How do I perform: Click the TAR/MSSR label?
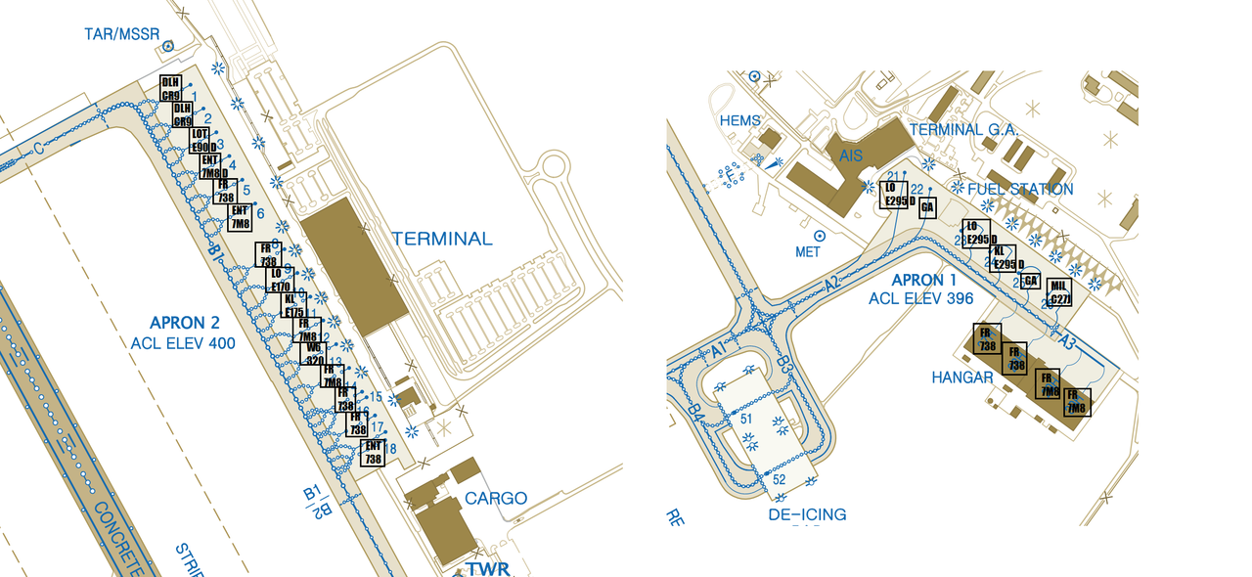[122, 35]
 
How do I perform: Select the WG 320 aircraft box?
[314, 353]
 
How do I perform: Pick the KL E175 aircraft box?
[293, 305]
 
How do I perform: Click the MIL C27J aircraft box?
[1058, 292]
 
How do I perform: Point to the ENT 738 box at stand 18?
[373, 453]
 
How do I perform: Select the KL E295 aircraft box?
[1004, 258]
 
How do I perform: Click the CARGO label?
[496, 498]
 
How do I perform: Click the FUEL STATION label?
[1020, 189]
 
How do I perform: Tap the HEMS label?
[739, 121]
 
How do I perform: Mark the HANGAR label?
[962, 377]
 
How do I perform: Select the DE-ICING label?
[807, 514]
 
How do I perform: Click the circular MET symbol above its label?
[820, 236]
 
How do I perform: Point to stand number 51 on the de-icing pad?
[747, 420]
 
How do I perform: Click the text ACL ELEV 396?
[921, 298]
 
